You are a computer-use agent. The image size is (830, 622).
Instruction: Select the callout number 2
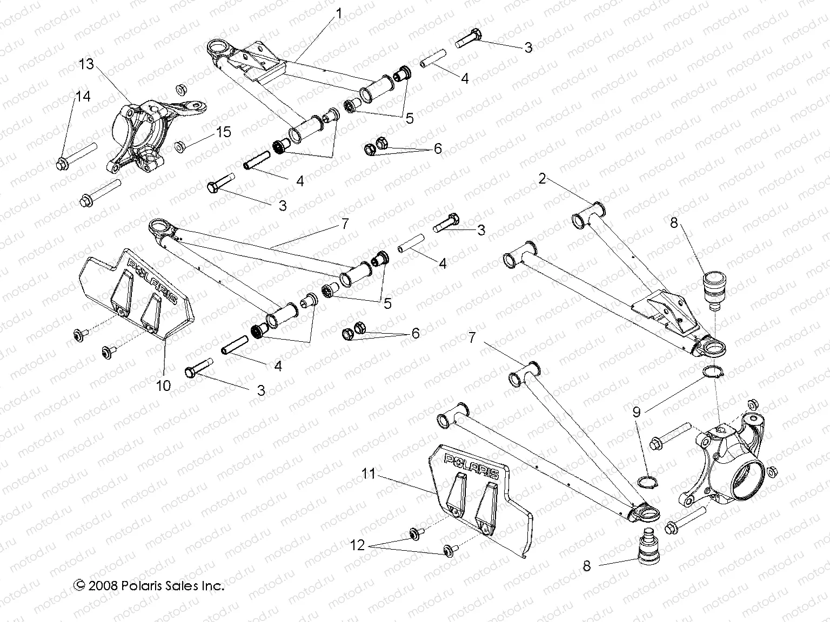click(543, 179)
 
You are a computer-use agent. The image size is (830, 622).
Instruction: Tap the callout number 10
click(163, 385)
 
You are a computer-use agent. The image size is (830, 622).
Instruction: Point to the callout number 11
click(368, 474)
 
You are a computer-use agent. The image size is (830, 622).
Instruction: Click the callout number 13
click(86, 64)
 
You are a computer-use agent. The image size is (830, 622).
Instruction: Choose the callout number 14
click(83, 97)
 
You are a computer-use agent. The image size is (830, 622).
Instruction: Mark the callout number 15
click(224, 132)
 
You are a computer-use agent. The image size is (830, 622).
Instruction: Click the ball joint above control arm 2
click(714, 290)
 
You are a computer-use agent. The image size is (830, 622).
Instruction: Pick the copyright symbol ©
click(79, 585)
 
